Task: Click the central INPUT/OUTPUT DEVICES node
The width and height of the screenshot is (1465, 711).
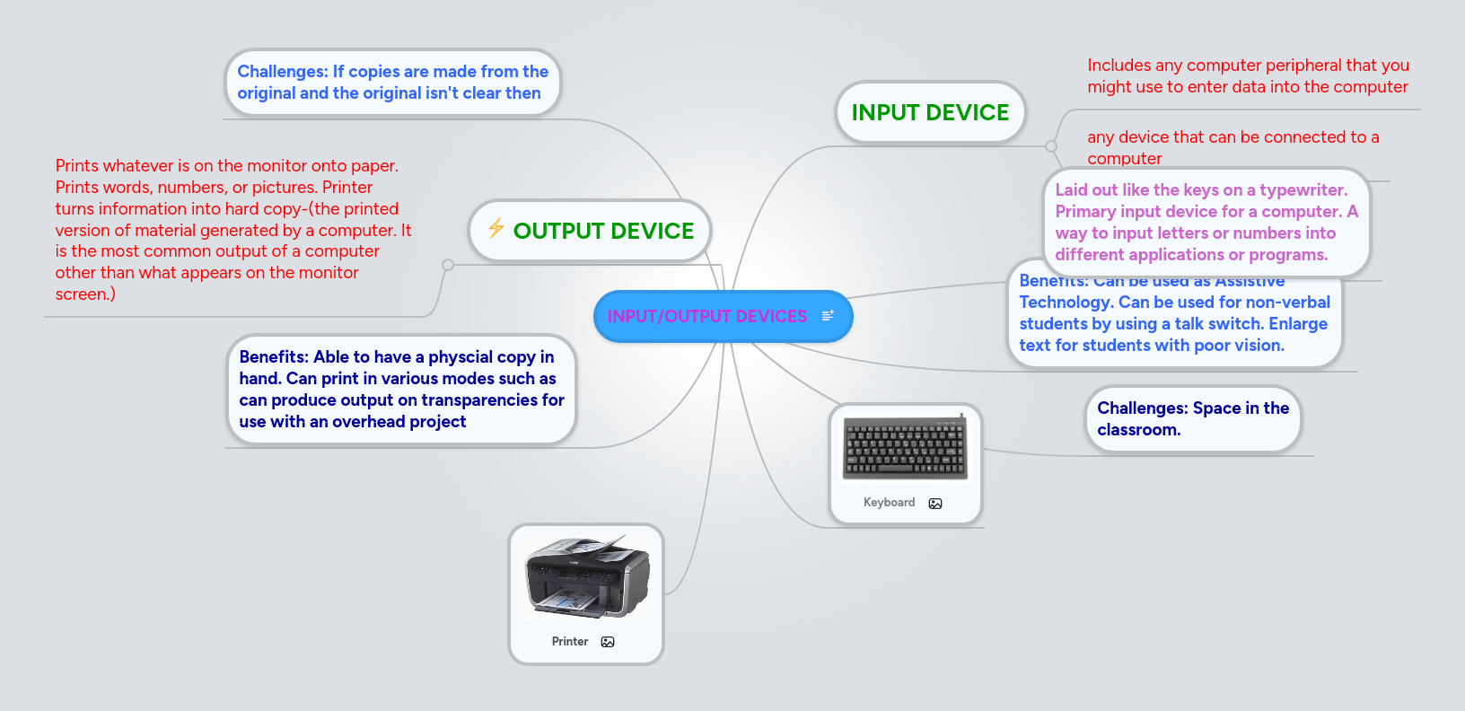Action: (x=707, y=316)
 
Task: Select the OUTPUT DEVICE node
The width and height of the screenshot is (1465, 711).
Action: (x=603, y=231)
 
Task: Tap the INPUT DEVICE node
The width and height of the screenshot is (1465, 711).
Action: (x=930, y=112)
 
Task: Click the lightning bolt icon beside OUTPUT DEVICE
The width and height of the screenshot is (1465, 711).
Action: (x=496, y=228)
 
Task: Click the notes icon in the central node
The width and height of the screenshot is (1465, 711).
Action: (x=828, y=315)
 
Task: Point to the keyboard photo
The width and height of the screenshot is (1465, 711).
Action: (x=905, y=448)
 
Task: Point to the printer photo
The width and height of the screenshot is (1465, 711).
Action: (x=587, y=576)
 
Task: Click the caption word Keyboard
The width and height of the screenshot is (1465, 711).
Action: (x=889, y=503)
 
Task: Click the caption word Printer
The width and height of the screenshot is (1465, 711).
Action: (x=570, y=642)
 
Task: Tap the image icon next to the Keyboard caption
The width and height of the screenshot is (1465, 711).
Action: (x=935, y=504)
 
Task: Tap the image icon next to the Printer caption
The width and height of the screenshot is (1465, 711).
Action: (x=608, y=642)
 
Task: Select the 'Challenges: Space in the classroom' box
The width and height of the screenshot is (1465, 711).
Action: (x=1192, y=419)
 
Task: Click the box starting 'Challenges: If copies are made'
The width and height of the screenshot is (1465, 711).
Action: (x=392, y=83)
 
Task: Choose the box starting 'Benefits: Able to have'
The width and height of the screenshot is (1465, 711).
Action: (x=401, y=390)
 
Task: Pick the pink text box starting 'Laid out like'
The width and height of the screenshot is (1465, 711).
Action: (x=1206, y=223)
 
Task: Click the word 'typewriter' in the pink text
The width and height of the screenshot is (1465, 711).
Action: (x=1301, y=190)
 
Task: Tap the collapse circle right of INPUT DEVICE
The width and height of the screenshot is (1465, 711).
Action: (x=1051, y=146)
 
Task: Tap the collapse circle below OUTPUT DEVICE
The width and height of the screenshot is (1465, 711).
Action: (x=448, y=265)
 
